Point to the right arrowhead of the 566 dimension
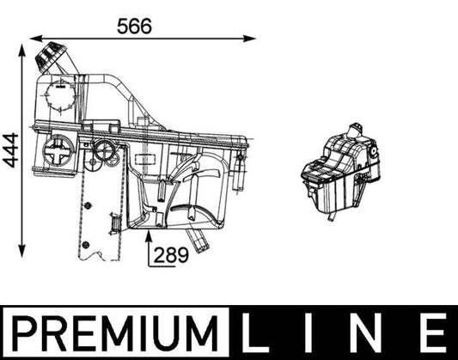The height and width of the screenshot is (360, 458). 250,38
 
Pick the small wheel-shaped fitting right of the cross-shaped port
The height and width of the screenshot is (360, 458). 107,151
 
